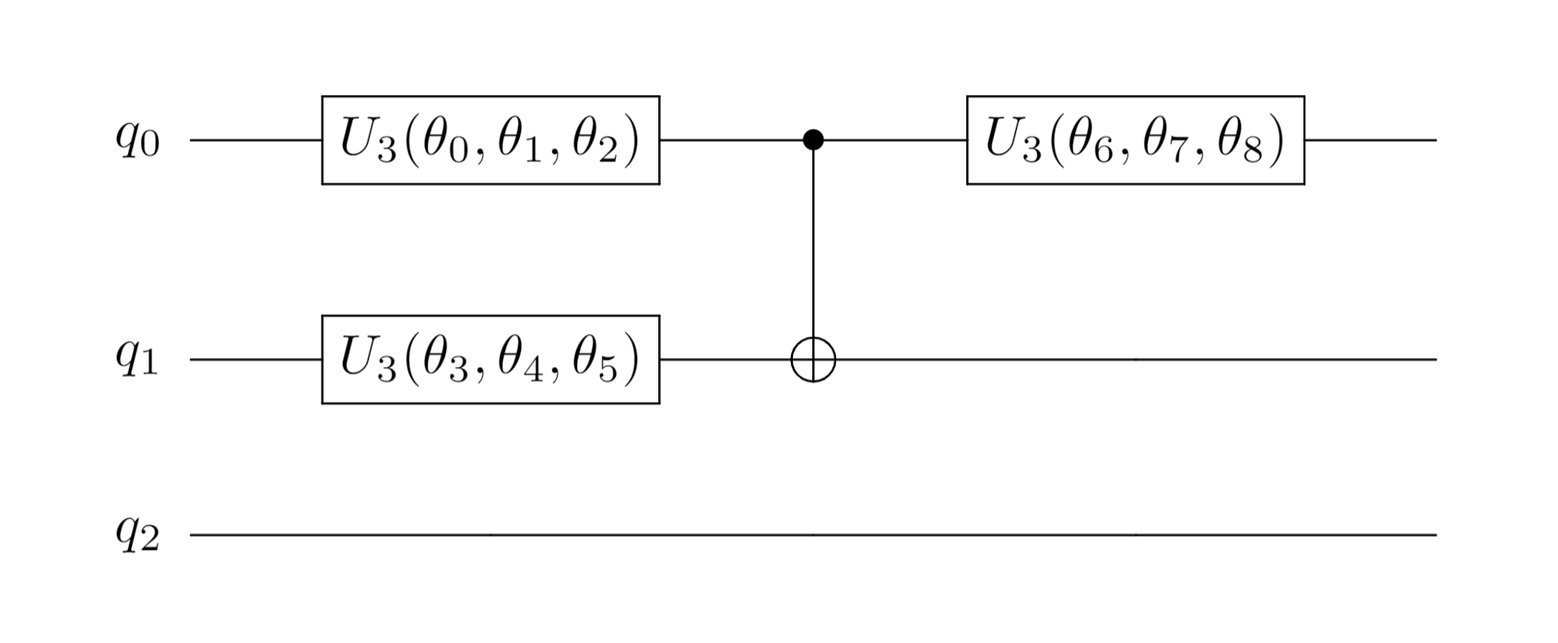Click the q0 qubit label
pos(137,140)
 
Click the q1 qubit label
pos(137,360)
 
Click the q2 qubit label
pos(137,535)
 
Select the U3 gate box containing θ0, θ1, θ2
pos(490,140)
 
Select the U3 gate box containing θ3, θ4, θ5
pos(490,360)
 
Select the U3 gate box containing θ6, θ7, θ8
pos(1135,140)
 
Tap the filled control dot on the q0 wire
pos(812,140)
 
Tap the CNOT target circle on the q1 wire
pos(812,360)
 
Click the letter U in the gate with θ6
pos(1002,138)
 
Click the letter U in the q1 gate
pos(357,358)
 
